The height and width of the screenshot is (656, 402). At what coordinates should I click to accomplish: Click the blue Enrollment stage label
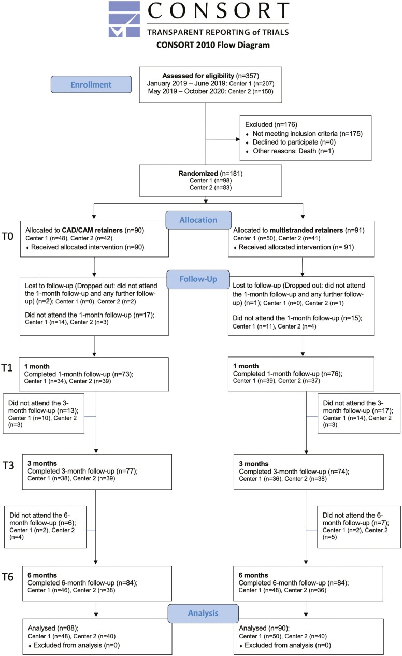pos(91,84)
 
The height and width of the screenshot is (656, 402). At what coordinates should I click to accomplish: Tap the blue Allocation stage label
pos(198,220)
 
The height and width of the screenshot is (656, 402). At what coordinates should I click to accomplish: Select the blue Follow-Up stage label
pos(198,279)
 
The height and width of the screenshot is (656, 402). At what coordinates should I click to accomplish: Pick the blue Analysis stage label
pos(203,613)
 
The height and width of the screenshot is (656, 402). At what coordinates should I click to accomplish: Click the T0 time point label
pos(8,236)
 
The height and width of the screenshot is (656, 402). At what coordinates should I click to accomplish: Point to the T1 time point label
pos(7,367)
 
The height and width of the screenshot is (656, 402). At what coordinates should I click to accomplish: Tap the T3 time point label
pos(8,465)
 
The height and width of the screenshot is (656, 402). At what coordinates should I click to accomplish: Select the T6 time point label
pos(8,577)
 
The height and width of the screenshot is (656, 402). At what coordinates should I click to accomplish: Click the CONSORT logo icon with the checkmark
pos(124,19)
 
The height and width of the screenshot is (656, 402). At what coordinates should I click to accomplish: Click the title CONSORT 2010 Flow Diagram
pos(213,45)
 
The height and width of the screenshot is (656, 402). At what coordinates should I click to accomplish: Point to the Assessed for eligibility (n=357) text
pos(210,76)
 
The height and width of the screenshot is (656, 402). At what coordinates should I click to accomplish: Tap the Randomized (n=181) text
pos(210,174)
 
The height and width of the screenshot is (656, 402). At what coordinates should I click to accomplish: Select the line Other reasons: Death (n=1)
pos(293,151)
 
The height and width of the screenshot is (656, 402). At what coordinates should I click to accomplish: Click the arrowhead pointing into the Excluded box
pos(238,139)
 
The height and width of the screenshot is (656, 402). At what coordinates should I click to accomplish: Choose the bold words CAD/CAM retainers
pos(92,230)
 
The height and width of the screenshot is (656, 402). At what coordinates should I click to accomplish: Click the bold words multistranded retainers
pos(306,230)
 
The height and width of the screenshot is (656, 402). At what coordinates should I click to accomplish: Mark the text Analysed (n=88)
pos(53,628)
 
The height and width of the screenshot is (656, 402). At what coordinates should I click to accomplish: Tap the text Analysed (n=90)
pos(264,628)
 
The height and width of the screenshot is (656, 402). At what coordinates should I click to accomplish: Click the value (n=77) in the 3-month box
pos(127,471)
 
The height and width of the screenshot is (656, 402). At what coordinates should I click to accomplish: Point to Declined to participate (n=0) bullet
pos(294,142)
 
